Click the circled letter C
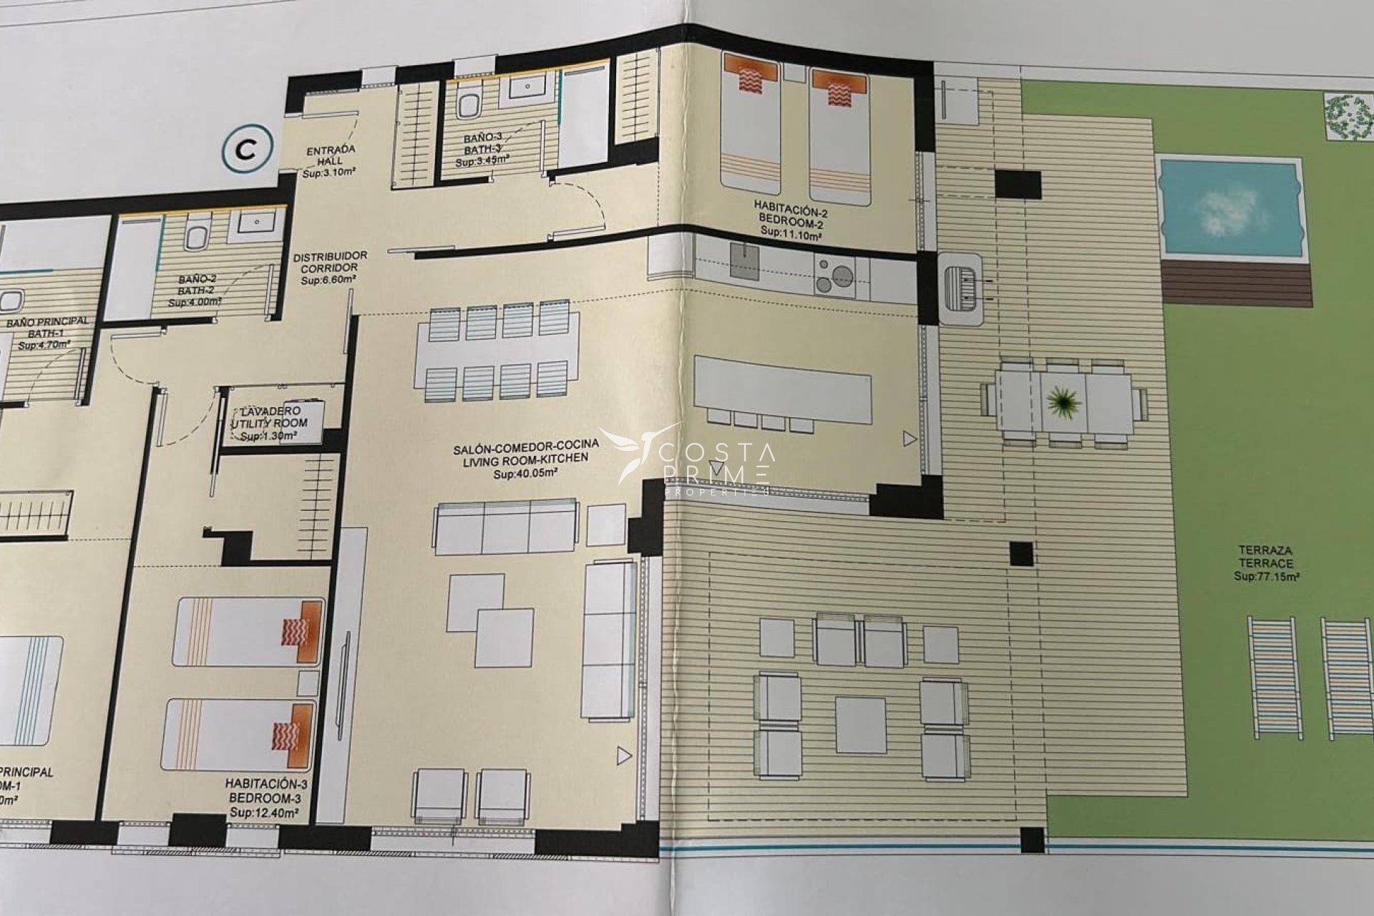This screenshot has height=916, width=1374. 247,150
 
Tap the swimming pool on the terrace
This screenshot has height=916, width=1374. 1229,208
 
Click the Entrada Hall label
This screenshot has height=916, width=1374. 331,161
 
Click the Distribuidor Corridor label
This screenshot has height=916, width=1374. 330,268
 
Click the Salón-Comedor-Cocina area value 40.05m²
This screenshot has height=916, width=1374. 525,473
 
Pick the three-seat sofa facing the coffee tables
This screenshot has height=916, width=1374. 505,527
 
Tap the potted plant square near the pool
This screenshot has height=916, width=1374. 1348,115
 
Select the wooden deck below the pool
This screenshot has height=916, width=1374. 1237,283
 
